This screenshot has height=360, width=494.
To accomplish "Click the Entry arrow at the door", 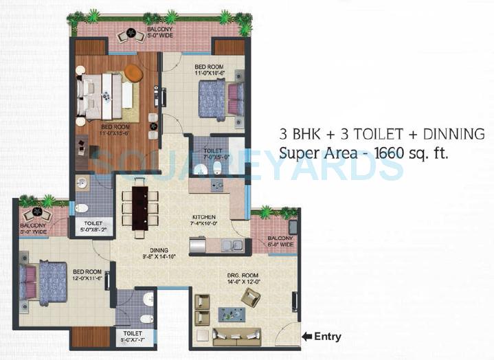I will [x=306, y=337].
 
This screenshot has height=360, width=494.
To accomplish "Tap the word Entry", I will [x=328, y=337].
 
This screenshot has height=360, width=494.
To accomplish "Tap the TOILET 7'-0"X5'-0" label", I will [x=212, y=152].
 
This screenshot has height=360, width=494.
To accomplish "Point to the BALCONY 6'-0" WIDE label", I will [x=281, y=241].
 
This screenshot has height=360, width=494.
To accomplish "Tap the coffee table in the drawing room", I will [x=232, y=315].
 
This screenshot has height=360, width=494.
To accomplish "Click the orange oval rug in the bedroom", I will [x=133, y=73].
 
